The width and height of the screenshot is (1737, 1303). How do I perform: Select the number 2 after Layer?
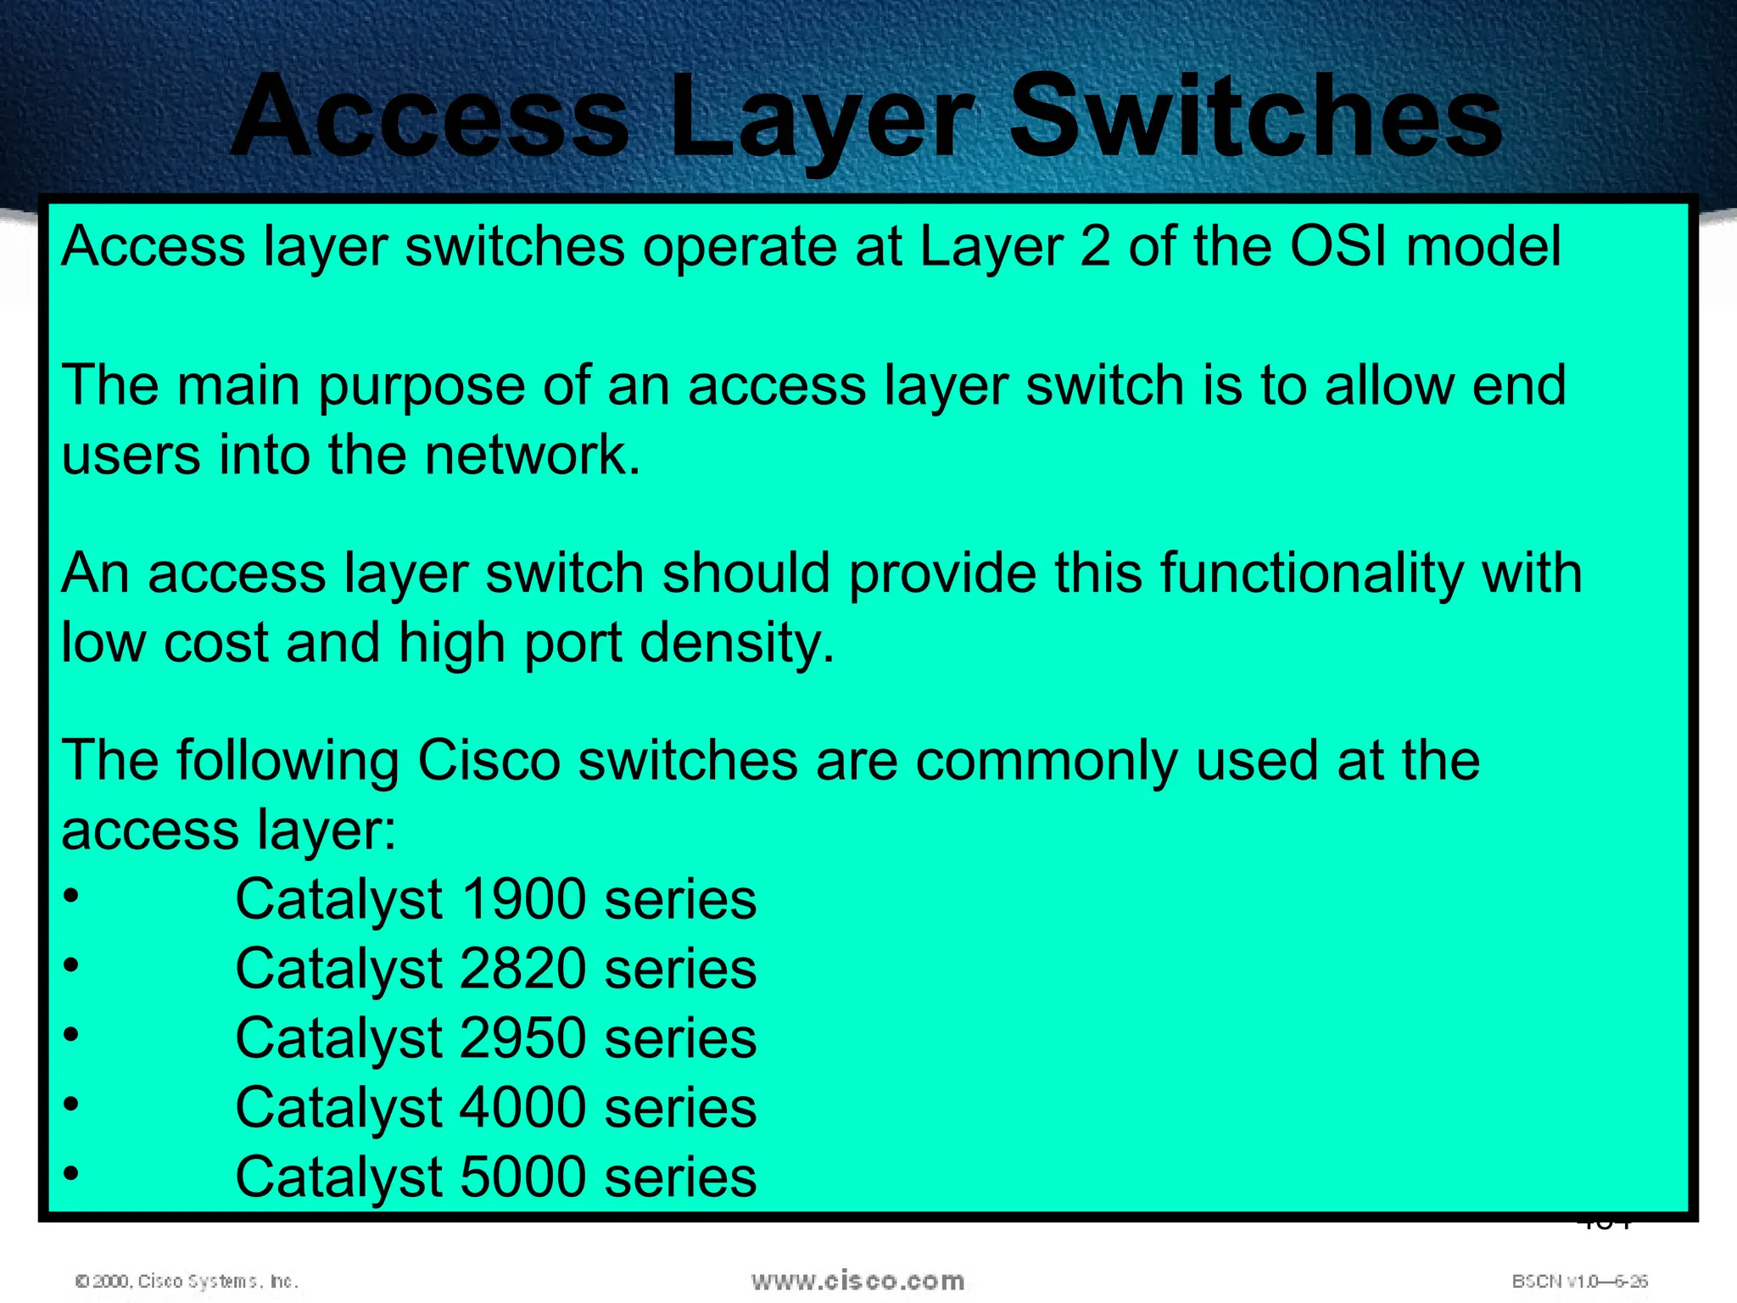pyautogui.click(x=1095, y=247)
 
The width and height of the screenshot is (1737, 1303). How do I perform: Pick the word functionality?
pyautogui.click(x=1311, y=573)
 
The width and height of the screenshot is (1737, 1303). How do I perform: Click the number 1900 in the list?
pyautogui.click(x=522, y=900)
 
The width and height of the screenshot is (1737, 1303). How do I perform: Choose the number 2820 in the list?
pyautogui.click(x=522, y=970)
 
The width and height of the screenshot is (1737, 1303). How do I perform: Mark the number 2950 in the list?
pyautogui.click(x=522, y=1039)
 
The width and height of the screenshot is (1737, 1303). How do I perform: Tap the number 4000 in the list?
pyautogui.click(x=522, y=1109)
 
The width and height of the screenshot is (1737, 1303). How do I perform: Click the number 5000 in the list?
pyautogui.click(x=522, y=1178)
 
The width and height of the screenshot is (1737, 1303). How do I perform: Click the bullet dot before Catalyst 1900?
pyautogui.click(x=71, y=896)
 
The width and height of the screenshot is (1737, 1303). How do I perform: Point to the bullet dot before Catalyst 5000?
pyautogui.click(x=71, y=1174)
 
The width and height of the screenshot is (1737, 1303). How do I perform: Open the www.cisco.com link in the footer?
pyautogui.click(x=857, y=1281)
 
